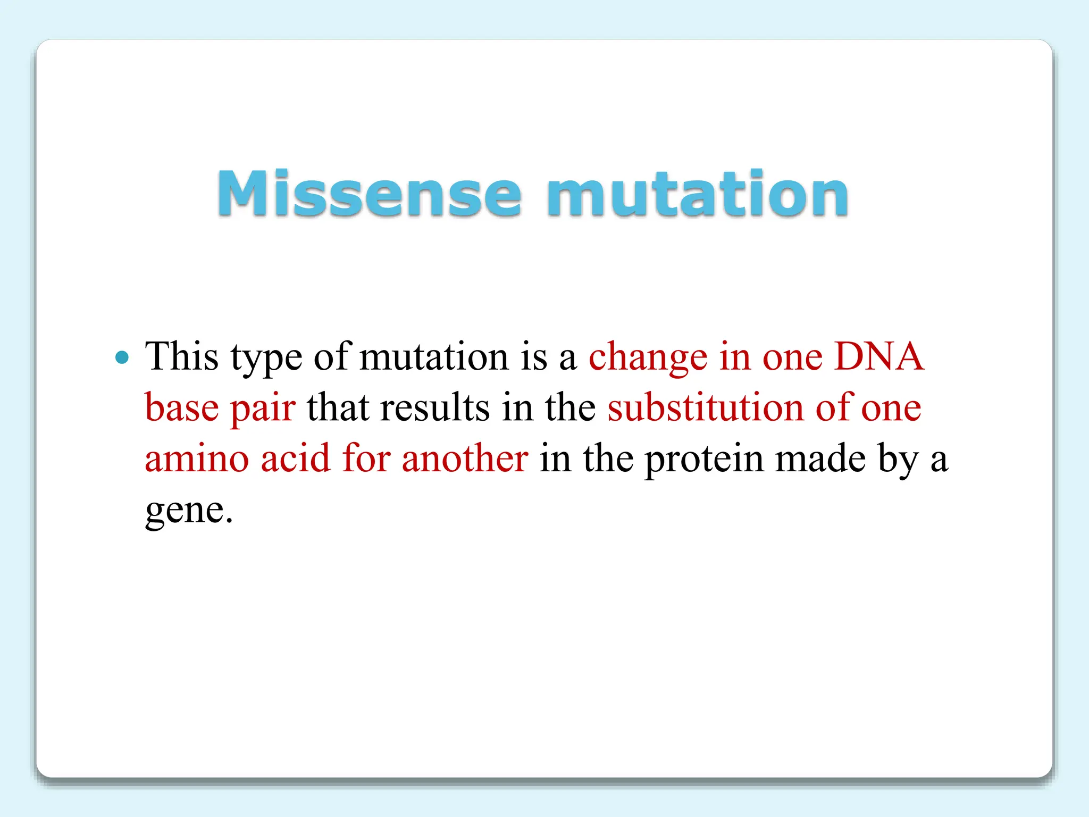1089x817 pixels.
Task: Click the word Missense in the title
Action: [369, 194]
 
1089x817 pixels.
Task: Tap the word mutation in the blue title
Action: [697, 194]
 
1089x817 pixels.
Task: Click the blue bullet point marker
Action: [122, 357]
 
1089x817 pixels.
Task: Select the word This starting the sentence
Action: [182, 356]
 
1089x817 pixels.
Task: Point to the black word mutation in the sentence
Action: [434, 356]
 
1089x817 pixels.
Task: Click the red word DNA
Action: [878, 356]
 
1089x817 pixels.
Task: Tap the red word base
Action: [181, 407]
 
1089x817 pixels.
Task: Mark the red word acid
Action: [296, 458]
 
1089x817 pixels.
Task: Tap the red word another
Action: [465, 458]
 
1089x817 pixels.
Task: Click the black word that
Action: [338, 407]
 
